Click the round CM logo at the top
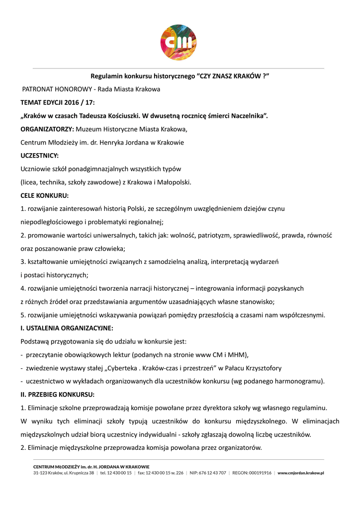point(178,43)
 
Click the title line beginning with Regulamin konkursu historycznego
point(180,77)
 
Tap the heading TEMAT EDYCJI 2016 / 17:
point(57,103)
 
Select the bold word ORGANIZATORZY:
point(47,129)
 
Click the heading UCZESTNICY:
point(39,156)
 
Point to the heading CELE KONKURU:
point(45,195)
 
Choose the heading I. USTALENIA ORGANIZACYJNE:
point(67,328)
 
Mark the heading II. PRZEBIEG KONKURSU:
point(57,395)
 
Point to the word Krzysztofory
point(261,368)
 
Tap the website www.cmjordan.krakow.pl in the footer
point(301,473)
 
